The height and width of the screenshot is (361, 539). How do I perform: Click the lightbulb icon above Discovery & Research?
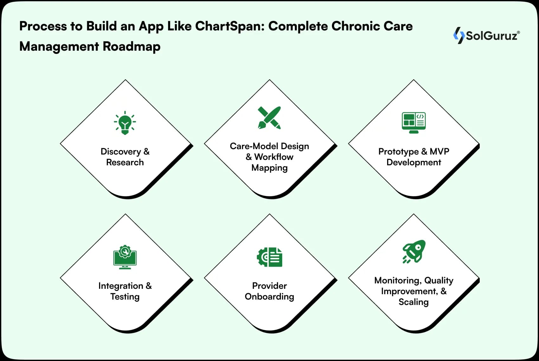click(x=125, y=123)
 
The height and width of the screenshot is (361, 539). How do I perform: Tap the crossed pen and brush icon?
click(x=269, y=118)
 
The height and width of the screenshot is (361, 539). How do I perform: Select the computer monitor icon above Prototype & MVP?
click(x=414, y=123)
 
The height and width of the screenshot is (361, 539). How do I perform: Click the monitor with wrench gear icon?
click(x=125, y=257)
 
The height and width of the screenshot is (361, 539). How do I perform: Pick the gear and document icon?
click(x=269, y=257)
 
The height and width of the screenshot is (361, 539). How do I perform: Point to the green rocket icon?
click(x=414, y=251)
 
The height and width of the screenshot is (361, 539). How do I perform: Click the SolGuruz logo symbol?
click(x=459, y=35)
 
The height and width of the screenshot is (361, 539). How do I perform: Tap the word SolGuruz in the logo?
click(x=492, y=36)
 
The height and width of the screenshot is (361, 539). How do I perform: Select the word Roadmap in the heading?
click(x=132, y=46)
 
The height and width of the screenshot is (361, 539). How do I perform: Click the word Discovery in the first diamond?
click(x=120, y=151)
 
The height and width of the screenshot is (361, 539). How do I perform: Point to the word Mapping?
click(x=269, y=168)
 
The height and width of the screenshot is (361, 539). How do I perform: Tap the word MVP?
click(x=439, y=151)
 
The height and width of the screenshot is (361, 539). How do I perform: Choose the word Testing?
click(x=125, y=297)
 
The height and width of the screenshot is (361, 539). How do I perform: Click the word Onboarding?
click(x=269, y=297)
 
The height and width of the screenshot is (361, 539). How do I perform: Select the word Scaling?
click(x=414, y=302)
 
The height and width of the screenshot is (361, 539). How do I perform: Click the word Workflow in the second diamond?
click(x=274, y=157)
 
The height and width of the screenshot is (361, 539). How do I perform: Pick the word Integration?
click(x=120, y=286)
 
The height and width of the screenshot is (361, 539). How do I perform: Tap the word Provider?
click(x=269, y=286)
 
